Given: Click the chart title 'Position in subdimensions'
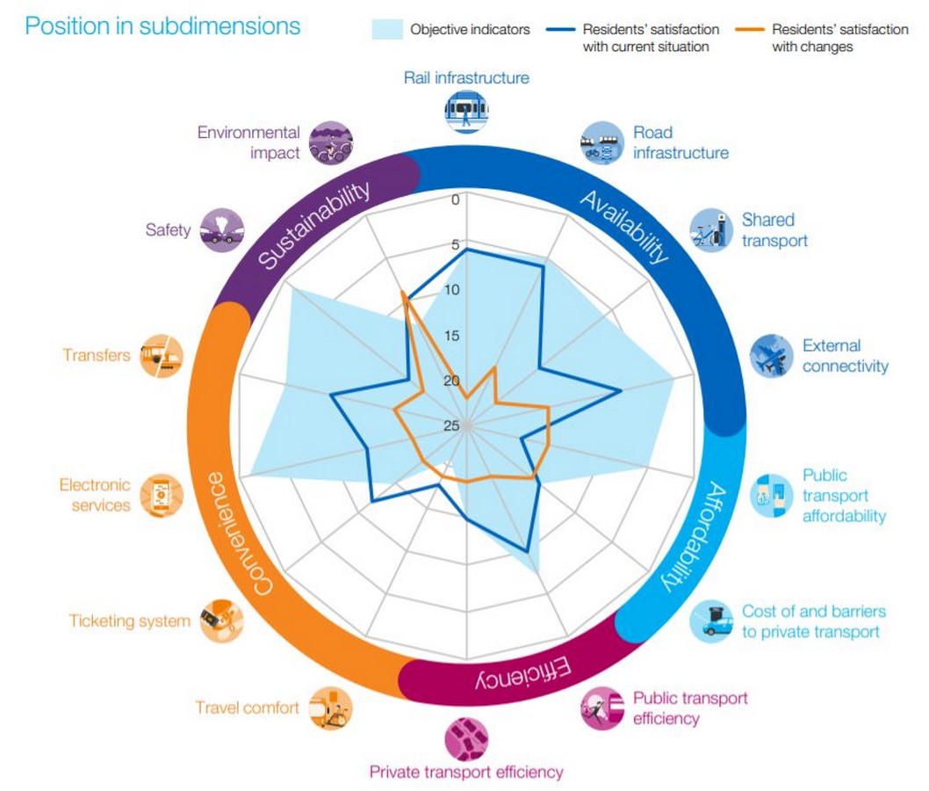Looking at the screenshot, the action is pyautogui.click(x=162, y=26).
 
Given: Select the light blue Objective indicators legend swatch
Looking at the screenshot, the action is pyautogui.click(x=387, y=29).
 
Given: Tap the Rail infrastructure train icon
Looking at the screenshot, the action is pyautogui.click(x=466, y=111).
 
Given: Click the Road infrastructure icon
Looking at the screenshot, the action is pyautogui.click(x=602, y=143).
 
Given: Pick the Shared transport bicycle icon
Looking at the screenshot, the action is pyautogui.click(x=711, y=230).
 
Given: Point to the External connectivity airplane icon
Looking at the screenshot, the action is pyautogui.click(x=772, y=356).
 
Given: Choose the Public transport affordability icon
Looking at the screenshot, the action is pyautogui.click(x=772, y=495).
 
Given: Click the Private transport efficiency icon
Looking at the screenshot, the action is pyautogui.click(x=466, y=739).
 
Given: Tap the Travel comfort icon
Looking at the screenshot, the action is pyautogui.click(x=331, y=708).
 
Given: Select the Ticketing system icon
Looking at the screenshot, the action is pyautogui.click(x=221, y=620).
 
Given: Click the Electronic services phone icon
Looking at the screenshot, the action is pyautogui.click(x=162, y=495).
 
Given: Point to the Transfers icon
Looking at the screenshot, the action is pyautogui.click(x=162, y=356).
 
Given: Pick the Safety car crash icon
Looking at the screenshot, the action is pyautogui.click(x=221, y=230).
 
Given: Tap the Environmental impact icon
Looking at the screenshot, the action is pyautogui.click(x=331, y=143).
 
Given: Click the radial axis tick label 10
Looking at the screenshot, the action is pyautogui.click(x=452, y=290).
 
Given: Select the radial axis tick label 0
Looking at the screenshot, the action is pyautogui.click(x=455, y=200).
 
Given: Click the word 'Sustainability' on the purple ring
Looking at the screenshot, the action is pyautogui.click(x=314, y=224).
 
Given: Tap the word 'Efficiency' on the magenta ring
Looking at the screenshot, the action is pyautogui.click(x=523, y=673).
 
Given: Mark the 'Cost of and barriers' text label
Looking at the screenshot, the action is pyautogui.click(x=813, y=612).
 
